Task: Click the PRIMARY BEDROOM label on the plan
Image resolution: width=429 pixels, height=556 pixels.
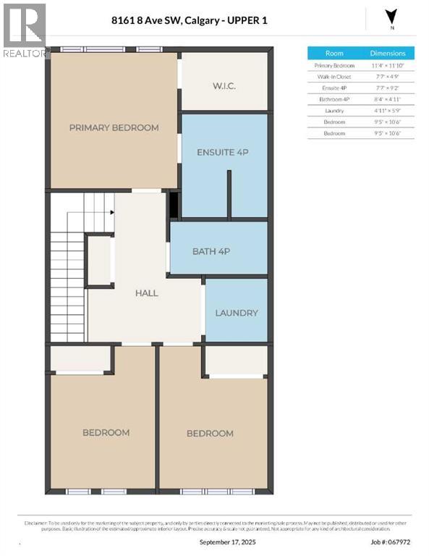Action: pyautogui.click(x=114, y=127)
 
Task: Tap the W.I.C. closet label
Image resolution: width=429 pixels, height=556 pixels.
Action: pyautogui.click(x=224, y=87)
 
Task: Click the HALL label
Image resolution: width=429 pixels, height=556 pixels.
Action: pyautogui.click(x=146, y=293)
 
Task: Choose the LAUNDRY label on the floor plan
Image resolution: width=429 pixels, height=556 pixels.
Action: pyautogui.click(x=237, y=313)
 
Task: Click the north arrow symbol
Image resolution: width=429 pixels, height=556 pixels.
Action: pyautogui.click(x=391, y=17)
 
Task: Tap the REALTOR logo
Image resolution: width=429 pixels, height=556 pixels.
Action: pyautogui.click(x=25, y=29)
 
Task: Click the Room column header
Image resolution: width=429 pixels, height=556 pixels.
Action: pyautogui.click(x=334, y=53)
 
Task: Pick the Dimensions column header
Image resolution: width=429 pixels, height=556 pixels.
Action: pyautogui.click(x=388, y=53)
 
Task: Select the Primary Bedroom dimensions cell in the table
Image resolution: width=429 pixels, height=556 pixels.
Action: pyautogui.click(x=388, y=65)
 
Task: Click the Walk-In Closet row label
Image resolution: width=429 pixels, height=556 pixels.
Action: pyautogui.click(x=334, y=76)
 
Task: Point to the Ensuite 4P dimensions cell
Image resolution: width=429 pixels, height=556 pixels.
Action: pyautogui.click(x=388, y=88)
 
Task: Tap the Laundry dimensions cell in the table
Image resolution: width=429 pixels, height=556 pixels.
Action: pyautogui.click(x=388, y=110)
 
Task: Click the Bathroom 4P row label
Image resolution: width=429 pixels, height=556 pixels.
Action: pyautogui.click(x=334, y=98)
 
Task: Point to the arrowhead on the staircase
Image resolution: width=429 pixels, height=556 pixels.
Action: pyautogui.click(x=112, y=212)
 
